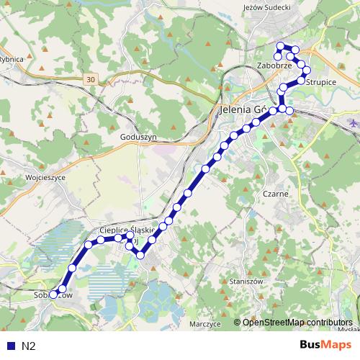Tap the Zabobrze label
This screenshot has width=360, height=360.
pos(274,66)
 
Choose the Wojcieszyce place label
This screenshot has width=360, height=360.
pos(45,176)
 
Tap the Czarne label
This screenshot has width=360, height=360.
pos(276,194)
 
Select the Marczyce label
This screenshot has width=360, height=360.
pos(204,324)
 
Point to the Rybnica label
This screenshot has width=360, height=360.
pos(13,59)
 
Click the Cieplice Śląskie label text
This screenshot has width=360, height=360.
pos(127,230)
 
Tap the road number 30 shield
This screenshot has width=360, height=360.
pos(89,78)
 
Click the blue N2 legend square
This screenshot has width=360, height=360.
pos(9,346)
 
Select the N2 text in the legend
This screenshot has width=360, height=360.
pos(28,346)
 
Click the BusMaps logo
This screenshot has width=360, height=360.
pos(325,345)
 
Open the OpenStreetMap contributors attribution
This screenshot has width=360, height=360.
pos(297,322)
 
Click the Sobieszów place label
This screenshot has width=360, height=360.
pos(53,295)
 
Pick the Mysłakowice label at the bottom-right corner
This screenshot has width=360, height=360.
pos(351,329)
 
